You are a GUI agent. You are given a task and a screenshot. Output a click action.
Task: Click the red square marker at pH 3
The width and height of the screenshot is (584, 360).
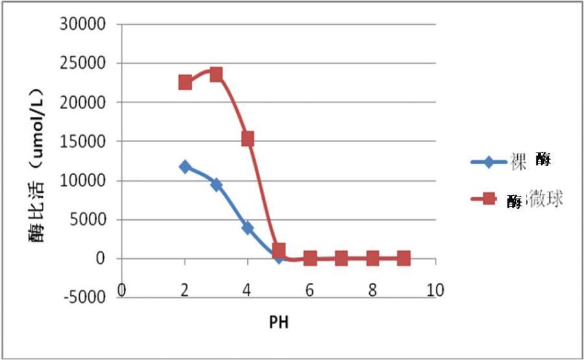pos(216,74)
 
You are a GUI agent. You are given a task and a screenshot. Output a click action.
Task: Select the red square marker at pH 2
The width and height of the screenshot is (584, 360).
pos(185,82)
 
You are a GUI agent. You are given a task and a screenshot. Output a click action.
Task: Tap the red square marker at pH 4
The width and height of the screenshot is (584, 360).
pos(247,138)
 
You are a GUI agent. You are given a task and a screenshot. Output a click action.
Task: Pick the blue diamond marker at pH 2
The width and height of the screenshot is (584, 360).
pos(185,167)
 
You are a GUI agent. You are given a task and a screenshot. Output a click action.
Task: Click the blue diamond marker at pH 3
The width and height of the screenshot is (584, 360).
pos(216,185)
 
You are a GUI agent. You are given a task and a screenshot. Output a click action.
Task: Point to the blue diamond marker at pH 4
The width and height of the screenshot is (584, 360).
pos(247,228)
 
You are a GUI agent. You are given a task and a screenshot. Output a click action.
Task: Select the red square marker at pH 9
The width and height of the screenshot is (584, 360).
pos(404,258)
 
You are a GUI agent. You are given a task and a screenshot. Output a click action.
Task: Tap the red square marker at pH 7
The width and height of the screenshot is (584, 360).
pos(341,258)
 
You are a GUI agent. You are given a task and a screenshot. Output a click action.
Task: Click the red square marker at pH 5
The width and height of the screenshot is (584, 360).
pos(279,250)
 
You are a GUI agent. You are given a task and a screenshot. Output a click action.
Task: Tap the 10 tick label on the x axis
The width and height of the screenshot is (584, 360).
pos(435,289)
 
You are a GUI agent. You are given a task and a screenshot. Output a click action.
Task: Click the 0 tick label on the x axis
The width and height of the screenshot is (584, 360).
pos(122,289)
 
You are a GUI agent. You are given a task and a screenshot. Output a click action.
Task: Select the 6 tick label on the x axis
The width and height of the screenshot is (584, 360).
pos(310,289)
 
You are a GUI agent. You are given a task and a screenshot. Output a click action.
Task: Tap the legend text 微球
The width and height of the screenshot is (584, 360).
pos(545,199)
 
